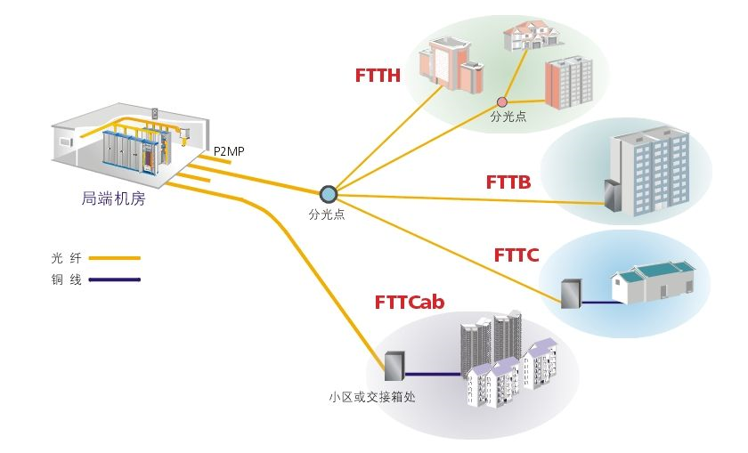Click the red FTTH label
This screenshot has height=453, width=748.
coord(378,76)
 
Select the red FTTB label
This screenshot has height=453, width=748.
coord(508,183)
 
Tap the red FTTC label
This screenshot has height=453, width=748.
coord(516,255)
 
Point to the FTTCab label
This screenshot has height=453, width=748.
coord(409,303)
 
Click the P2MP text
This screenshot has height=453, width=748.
coord(229,152)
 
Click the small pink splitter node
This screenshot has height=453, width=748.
coord(502,101)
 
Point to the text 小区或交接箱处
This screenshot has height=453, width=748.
coord(371,397)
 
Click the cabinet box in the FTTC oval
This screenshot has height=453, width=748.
coord(570,294)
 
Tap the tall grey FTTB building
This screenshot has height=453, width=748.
coord(650,174)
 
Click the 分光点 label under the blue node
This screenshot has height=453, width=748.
coord(327,214)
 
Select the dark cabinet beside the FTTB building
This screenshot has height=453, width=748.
coord(612,196)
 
